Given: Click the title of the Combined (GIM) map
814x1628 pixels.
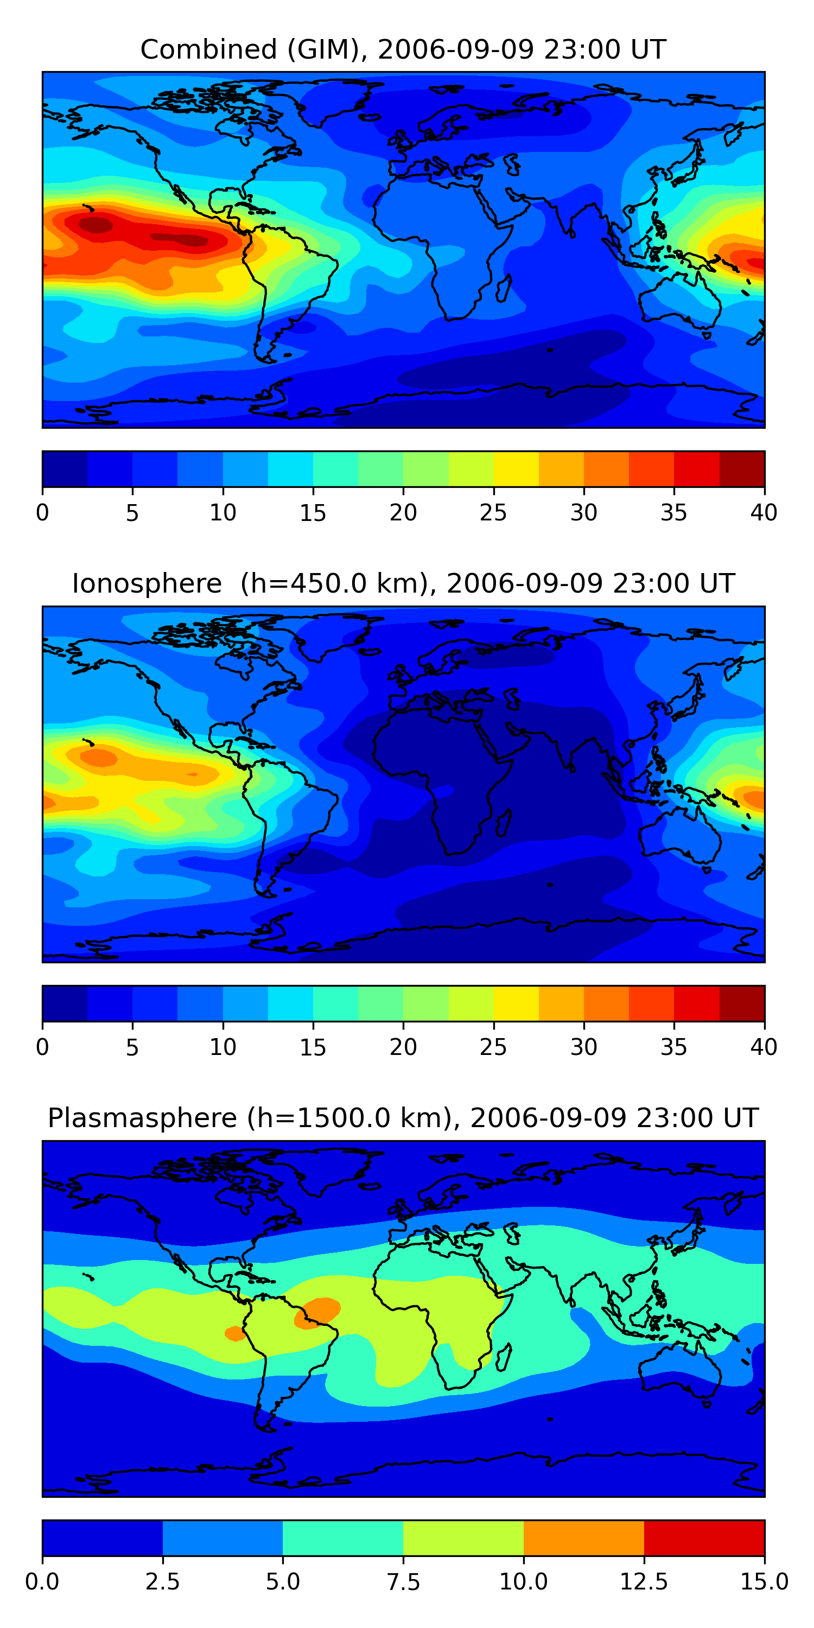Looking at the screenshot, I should point(403,49).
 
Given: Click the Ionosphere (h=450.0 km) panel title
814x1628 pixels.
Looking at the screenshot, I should point(403,583).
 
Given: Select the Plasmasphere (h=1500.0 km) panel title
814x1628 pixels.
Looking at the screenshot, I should point(403,1118).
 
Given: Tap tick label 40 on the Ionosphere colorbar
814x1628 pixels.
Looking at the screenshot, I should point(764,1047).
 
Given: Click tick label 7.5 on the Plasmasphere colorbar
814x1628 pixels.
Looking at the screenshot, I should point(403,1582).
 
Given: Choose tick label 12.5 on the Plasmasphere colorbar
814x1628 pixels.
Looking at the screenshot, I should point(644,1582).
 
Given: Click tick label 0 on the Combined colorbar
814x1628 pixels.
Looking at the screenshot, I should point(42,512).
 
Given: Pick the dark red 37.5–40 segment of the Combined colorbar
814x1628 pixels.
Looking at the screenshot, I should point(742,469).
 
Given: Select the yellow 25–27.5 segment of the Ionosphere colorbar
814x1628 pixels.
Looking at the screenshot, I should point(516,1003).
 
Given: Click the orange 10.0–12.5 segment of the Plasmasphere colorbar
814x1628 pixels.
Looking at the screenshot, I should point(583,1537).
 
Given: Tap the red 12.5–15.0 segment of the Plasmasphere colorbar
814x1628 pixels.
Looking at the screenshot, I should point(704,1537).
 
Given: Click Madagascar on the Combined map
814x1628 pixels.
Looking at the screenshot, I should point(504,288).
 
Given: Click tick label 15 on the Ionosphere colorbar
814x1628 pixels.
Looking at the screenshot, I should point(313,1047).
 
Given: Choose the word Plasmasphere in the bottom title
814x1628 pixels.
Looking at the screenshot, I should point(142,1118).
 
